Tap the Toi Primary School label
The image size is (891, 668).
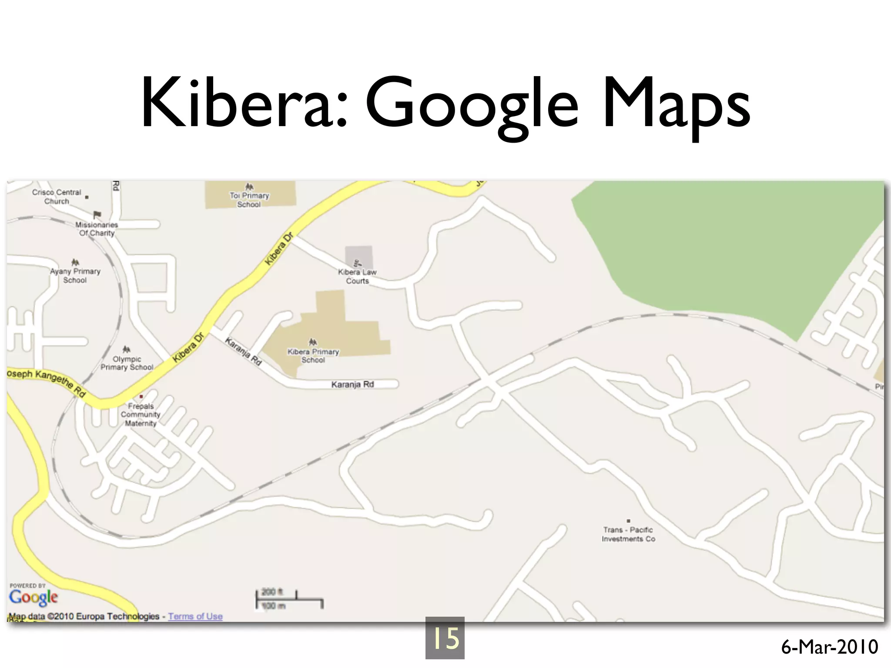pos(249,200)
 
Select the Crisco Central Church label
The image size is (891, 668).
pos(57,197)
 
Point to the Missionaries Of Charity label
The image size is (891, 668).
pos(97,229)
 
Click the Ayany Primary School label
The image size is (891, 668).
pos(75,276)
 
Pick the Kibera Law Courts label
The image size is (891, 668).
pos(357,277)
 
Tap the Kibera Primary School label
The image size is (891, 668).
pos(313,356)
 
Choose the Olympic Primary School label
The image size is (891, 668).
pos(127,363)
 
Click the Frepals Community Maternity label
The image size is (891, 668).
pos(141,415)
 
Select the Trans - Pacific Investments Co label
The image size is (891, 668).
pos(628,534)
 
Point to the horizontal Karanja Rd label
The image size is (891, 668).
pos(352,384)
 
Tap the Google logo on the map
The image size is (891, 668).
pos(33,598)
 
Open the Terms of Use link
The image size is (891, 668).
pos(195,616)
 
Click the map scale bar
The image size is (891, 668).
pos(289,600)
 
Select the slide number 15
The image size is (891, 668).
pos(445,638)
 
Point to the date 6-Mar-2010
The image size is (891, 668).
pos(829,647)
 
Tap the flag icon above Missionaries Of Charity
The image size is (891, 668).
pos(97,215)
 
